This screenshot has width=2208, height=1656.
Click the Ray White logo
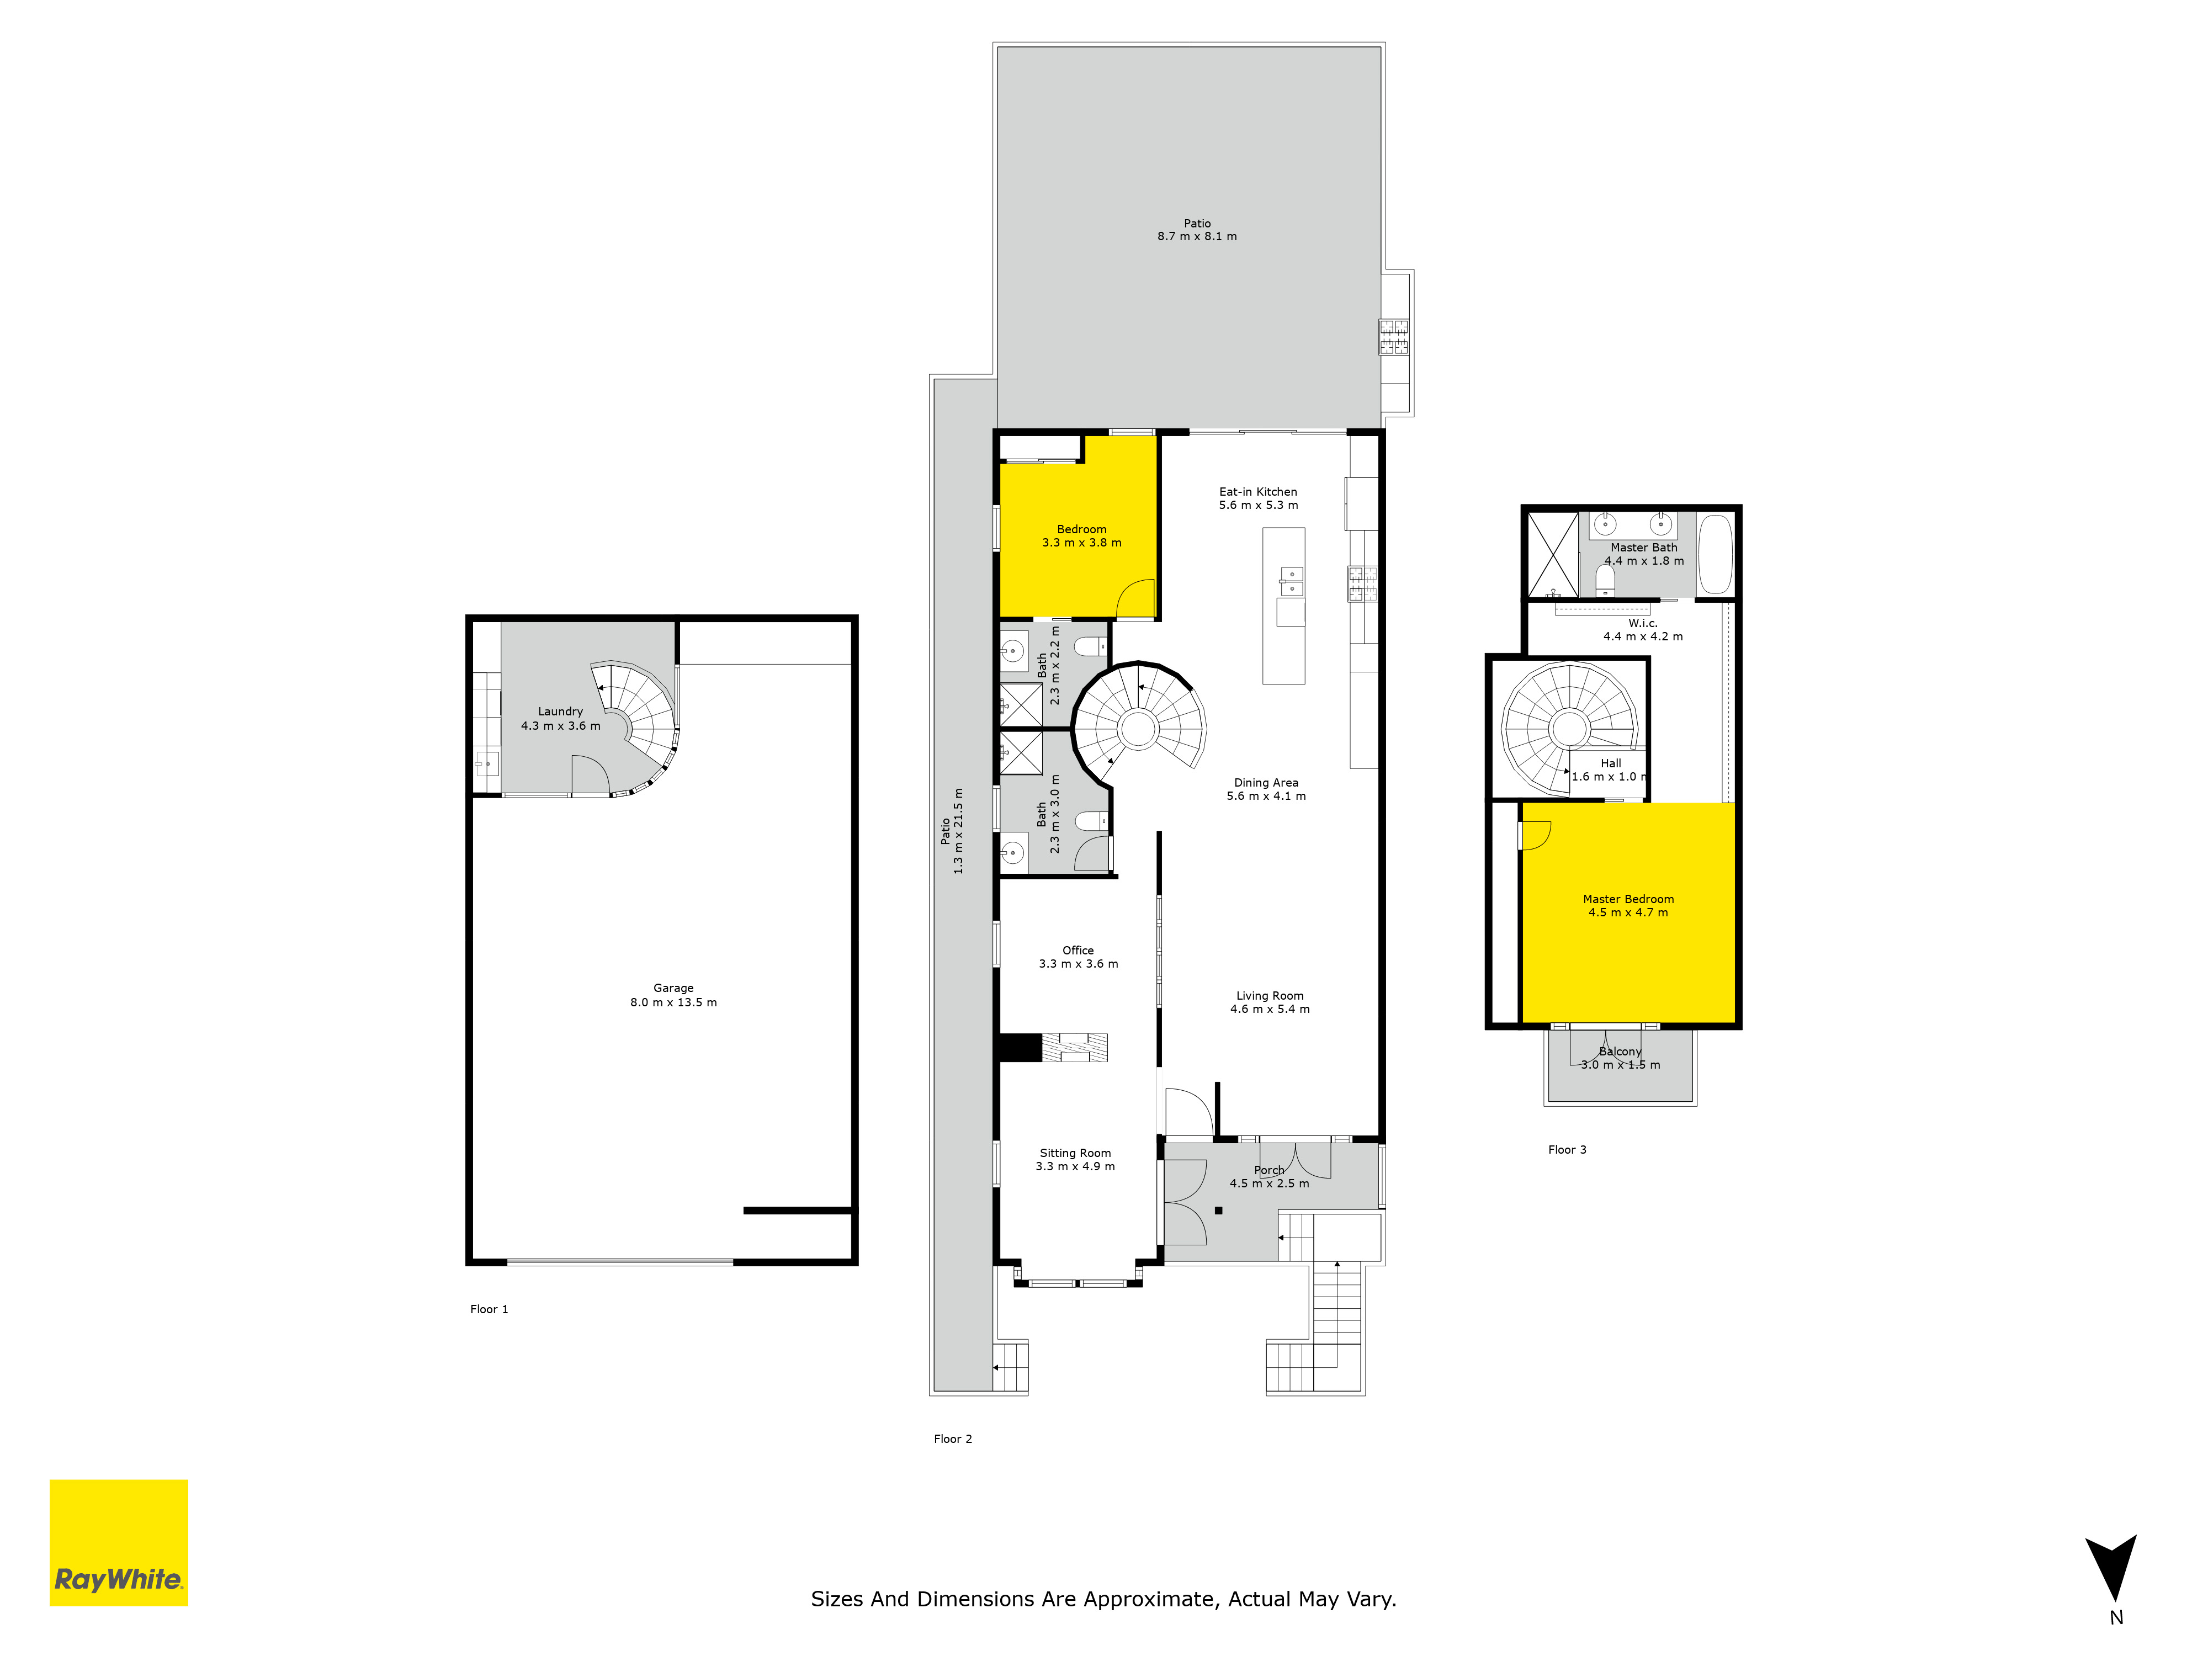click(x=119, y=1542)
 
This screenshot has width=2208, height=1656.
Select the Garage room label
click(x=674, y=988)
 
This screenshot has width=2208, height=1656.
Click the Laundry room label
click(x=560, y=712)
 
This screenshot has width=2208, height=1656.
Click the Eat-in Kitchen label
click(x=1257, y=492)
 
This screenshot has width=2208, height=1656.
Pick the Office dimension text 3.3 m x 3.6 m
click(x=1078, y=964)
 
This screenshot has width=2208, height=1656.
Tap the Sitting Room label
click(x=1075, y=1153)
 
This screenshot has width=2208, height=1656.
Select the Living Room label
click(x=1270, y=996)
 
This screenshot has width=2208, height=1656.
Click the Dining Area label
click(x=1266, y=783)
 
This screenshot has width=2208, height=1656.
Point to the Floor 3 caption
click(x=1567, y=1150)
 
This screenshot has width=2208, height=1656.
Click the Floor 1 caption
click(x=489, y=1310)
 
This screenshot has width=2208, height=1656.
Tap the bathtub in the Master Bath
click(x=1715, y=554)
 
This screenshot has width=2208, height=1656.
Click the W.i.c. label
click(x=1643, y=623)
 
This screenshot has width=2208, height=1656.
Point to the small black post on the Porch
click(x=1219, y=1211)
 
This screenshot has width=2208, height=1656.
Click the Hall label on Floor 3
click(x=1611, y=763)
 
